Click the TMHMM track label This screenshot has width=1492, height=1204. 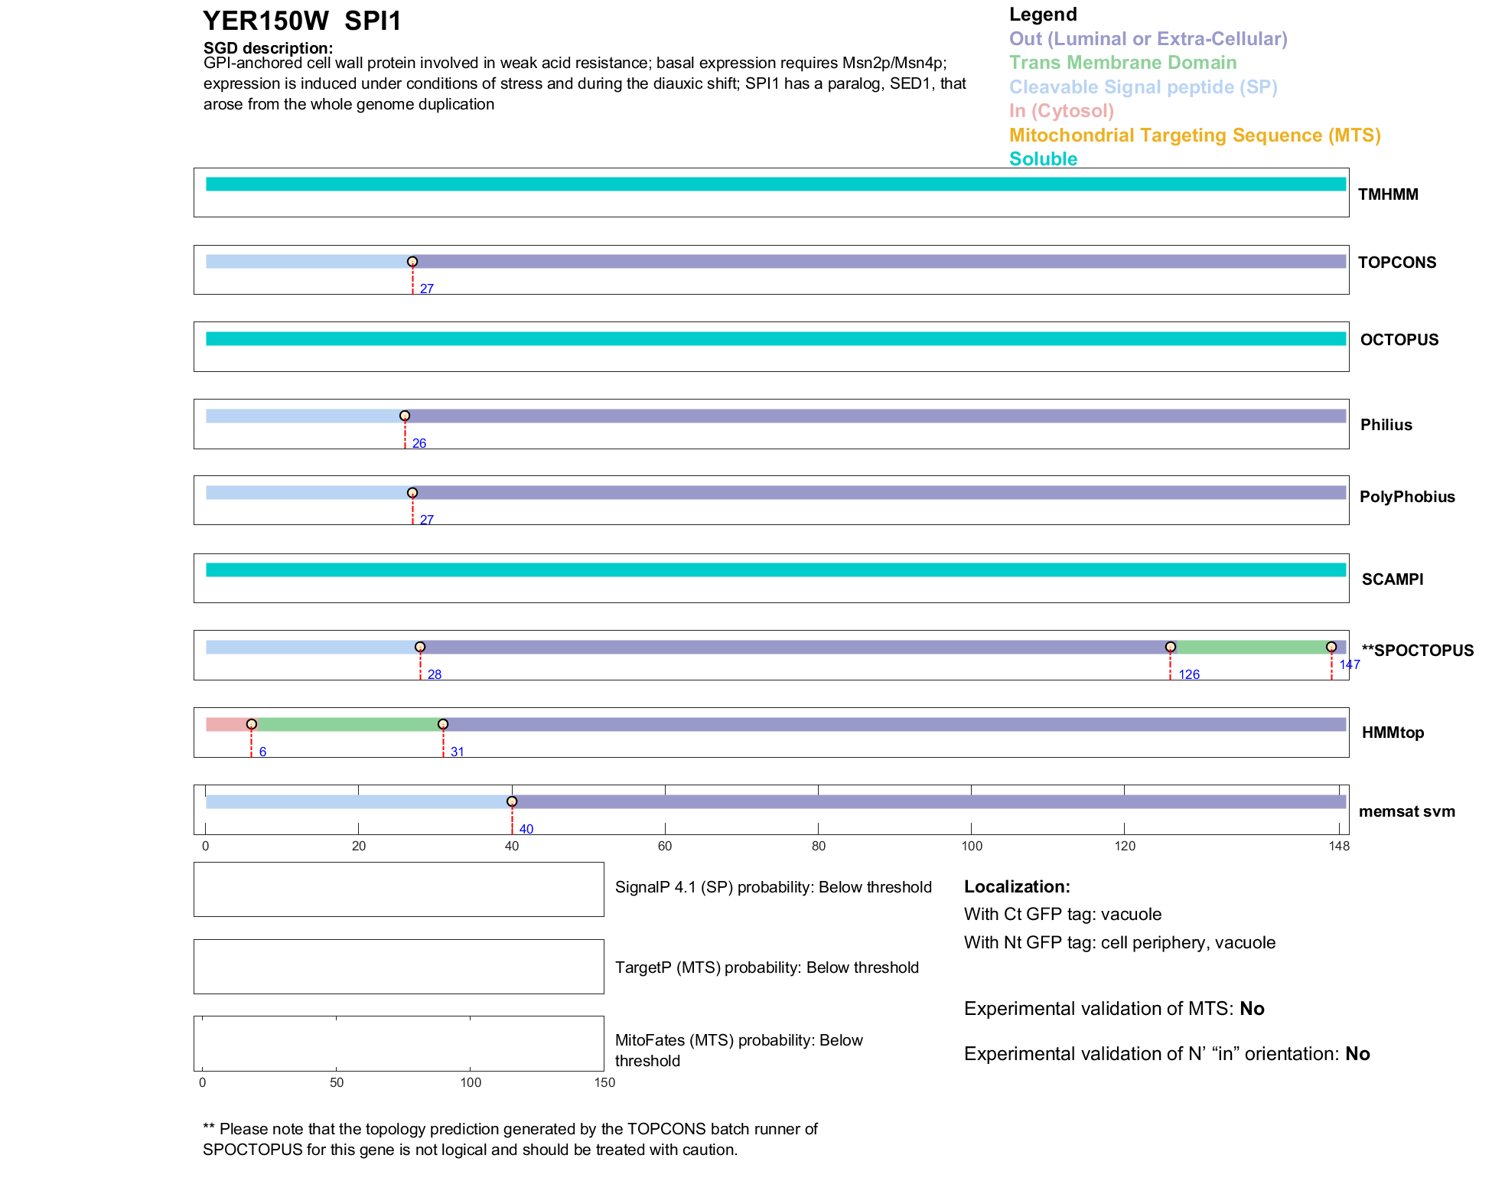pos(1387,194)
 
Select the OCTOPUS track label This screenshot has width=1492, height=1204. pos(1399,340)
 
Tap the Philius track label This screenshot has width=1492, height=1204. pos(1386,425)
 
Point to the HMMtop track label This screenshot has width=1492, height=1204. pos(1393,733)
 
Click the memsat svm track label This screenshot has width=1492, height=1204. pos(1406,811)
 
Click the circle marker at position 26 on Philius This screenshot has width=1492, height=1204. pos(405,416)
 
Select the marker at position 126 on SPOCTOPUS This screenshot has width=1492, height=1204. pos(1170,648)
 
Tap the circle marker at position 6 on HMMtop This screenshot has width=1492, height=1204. pos(251,724)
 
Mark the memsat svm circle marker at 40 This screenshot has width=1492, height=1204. pos(512,801)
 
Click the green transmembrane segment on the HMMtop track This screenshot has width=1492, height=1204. pos(348,724)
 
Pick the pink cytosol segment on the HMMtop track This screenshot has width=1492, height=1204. pos(226,724)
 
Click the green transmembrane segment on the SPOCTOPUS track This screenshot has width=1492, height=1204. pos(1250,648)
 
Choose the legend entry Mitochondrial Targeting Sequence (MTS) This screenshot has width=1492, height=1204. pos(1194,135)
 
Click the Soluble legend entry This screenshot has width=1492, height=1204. pos(1043,159)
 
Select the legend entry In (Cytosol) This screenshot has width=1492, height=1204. pos(1061,111)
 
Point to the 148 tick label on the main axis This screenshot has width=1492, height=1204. pos(1339,846)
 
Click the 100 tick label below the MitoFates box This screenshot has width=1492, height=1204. pos(471,1082)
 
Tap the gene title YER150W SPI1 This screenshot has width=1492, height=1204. pos(302,21)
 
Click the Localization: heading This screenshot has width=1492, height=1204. pos(1017,886)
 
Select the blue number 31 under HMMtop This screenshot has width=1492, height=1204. pos(457,752)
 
